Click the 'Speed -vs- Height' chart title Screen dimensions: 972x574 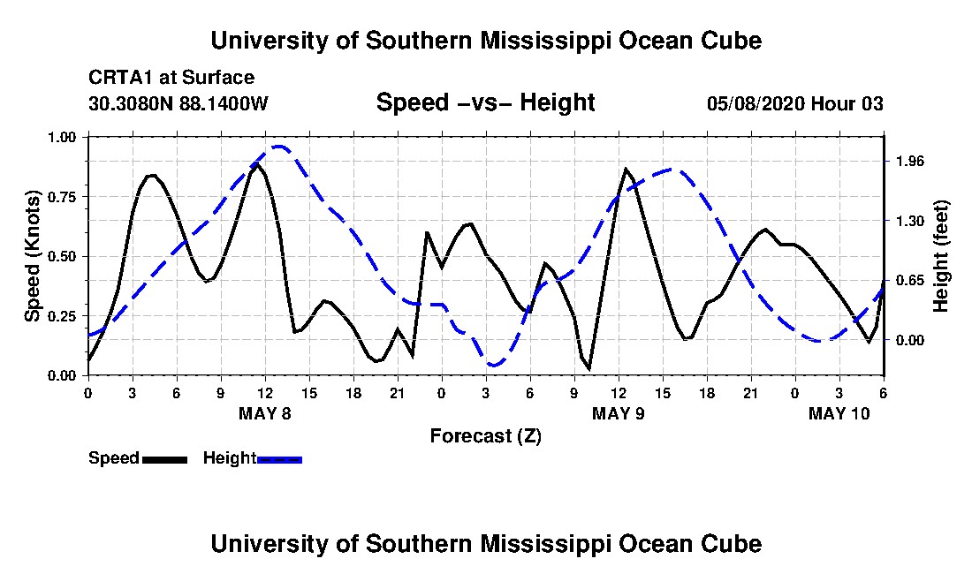(485, 102)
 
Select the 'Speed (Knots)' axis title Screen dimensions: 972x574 (32, 256)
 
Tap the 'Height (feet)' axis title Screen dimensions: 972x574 (940, 256)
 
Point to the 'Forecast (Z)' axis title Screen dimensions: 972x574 (485, 436)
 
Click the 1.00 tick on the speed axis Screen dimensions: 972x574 (61, 137)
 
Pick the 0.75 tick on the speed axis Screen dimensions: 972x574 (61, 197)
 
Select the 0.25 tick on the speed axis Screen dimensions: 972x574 (61, 316)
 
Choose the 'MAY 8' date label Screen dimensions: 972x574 (265, 413)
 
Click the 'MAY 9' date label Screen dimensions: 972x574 (618, 413)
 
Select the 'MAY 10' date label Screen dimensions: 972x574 (839, 413)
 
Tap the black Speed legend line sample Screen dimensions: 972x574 (164, 459)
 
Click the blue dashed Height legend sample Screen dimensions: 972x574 (279, 459)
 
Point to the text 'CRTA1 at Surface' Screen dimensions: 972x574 (171, 78)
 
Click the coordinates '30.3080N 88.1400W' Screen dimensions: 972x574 (178, 103)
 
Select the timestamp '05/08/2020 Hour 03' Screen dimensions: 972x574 (795, 103)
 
